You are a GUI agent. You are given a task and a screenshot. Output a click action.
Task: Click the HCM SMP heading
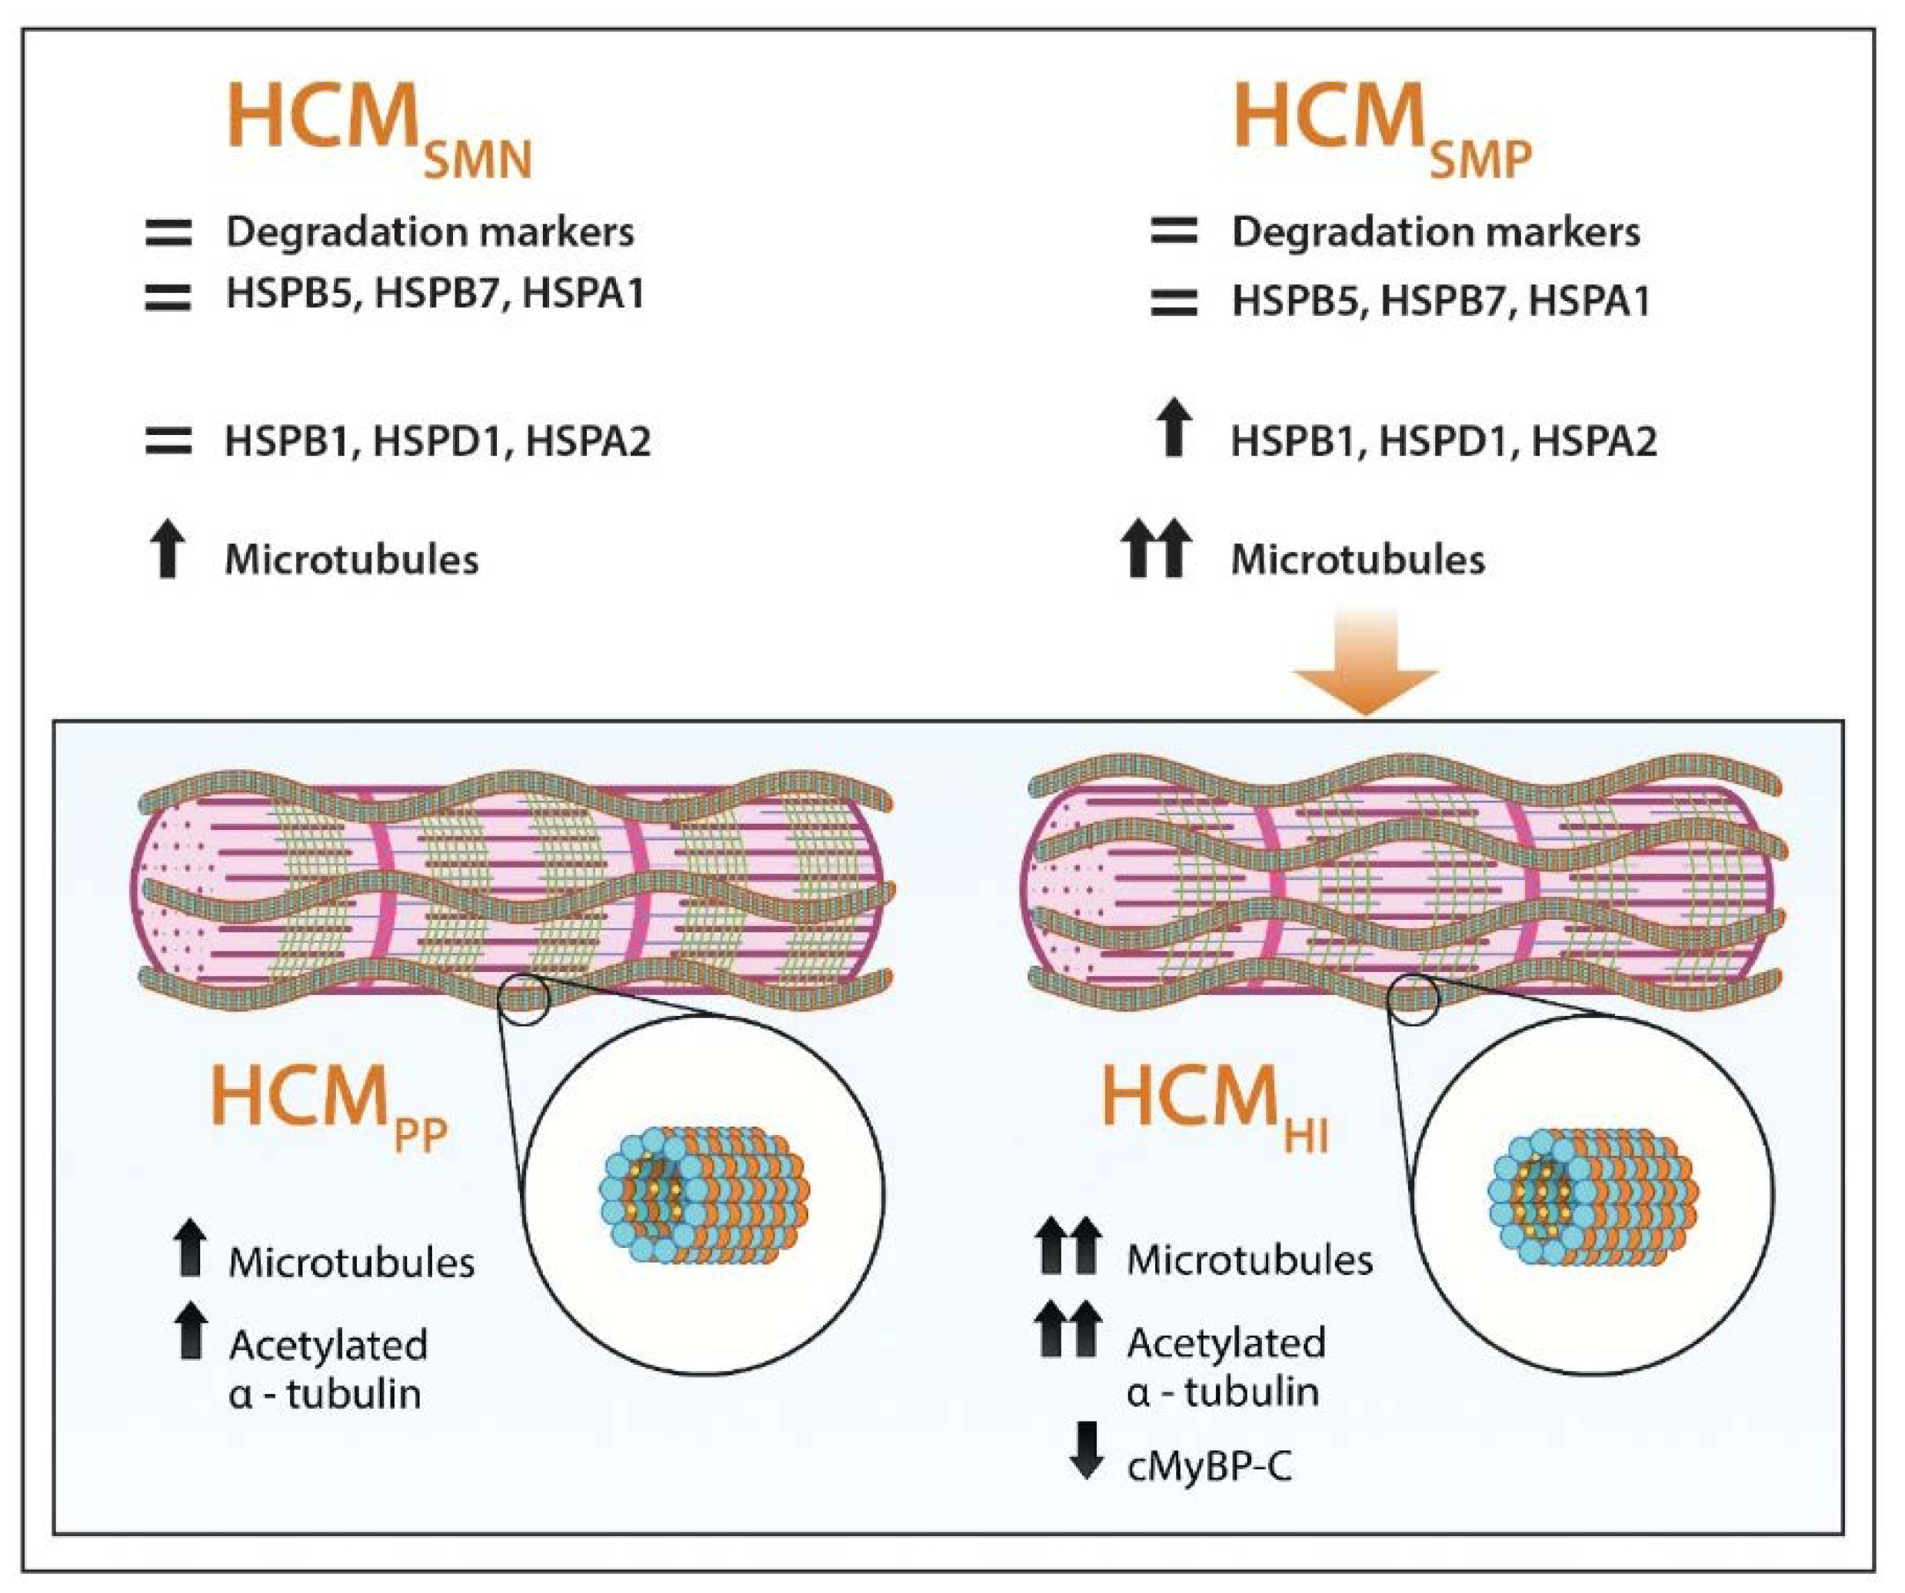[1380, 127]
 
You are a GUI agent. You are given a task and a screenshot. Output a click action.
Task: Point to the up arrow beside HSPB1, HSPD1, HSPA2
[1174, 427]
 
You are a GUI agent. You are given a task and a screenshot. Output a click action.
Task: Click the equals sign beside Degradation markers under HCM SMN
[168, 233]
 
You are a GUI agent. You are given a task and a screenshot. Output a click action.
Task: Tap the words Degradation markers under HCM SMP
[1435, 233]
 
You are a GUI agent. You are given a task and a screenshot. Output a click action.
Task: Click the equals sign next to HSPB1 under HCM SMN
[168, 442]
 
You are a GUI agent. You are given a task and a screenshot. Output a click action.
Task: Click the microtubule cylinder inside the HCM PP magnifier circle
[704, 1196]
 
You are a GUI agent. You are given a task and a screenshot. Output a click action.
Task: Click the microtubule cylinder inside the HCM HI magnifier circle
[1593, 1196]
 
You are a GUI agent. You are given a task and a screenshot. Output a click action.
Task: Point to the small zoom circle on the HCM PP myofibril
[525, 999]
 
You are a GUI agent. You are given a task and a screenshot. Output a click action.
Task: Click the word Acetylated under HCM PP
[328, 1346]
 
